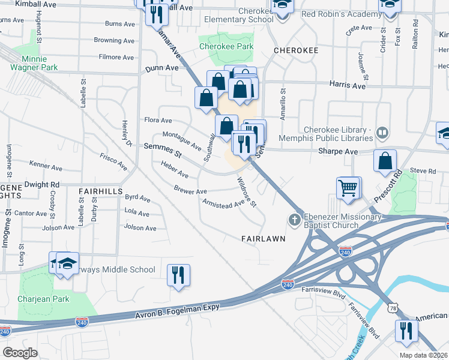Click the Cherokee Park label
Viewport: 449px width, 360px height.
pos(226,46)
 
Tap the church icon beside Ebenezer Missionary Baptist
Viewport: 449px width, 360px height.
pos(295,219)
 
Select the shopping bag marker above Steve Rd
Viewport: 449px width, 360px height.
pos(385,161)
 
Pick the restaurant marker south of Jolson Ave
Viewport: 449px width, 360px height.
pos(178,275)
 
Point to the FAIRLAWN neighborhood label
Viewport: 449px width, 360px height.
pos(262,238)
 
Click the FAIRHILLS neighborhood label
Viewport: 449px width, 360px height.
pos(100,190)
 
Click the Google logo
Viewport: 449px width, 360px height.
pos(20,352)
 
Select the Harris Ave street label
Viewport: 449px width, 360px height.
pos(348,86)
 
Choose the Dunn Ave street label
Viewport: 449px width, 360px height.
pos(162,68)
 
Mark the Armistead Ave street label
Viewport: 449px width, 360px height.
pos(223,203)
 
